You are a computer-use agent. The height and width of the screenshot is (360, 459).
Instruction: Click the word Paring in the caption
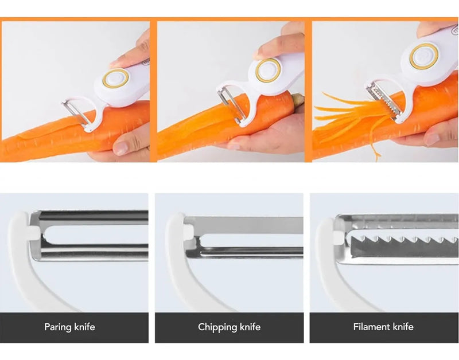58,327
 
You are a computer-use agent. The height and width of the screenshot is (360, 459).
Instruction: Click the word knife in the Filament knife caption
403,327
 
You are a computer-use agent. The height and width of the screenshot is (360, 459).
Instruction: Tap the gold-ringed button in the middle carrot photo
268,70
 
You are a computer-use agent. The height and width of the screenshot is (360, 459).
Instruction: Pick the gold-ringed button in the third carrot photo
423,56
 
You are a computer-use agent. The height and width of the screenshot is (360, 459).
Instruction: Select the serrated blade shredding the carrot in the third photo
384,101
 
